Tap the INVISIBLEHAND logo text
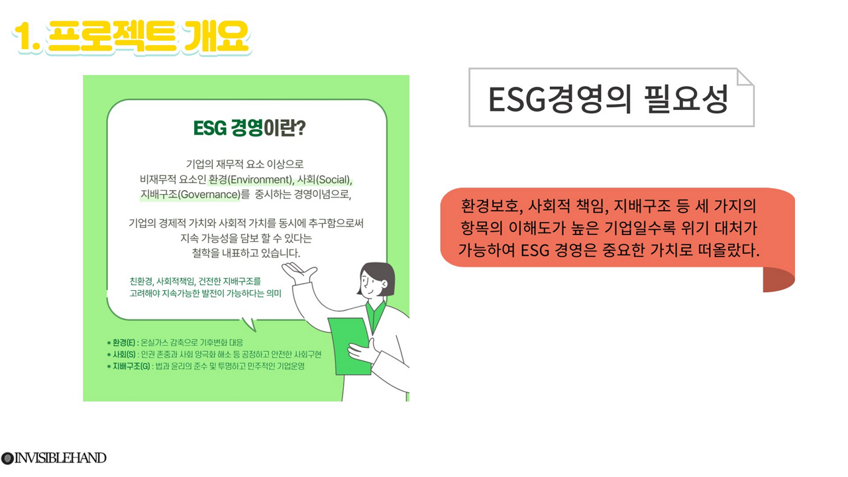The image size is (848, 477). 60,458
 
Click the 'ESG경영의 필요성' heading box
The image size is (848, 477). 611,97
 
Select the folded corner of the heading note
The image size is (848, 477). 744,78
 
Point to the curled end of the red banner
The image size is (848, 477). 778,280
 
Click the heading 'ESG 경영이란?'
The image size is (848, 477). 250,128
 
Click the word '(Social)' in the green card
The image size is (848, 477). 333,180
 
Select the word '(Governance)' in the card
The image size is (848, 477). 209,195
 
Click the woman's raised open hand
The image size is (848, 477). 299,272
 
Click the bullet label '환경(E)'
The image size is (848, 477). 123,343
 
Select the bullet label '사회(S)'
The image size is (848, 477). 124,354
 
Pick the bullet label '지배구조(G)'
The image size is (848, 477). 131,366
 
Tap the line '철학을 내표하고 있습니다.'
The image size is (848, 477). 246,253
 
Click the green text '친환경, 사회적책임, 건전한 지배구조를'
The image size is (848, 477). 195,282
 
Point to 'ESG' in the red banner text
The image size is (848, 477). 535,250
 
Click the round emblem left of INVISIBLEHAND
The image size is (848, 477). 7,458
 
